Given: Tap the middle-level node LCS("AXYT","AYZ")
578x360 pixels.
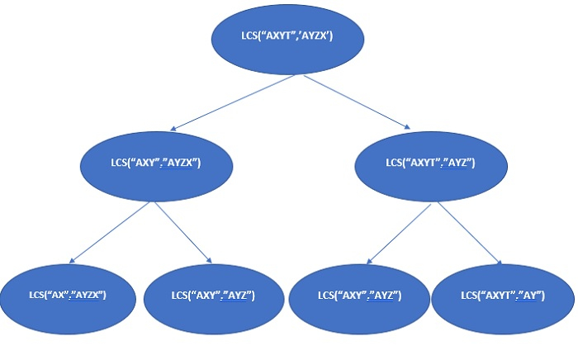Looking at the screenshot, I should click(429, 162).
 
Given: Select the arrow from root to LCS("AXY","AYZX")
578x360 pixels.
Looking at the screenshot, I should click(231, 103).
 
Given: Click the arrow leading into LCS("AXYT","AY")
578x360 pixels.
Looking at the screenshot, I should click(471, 234).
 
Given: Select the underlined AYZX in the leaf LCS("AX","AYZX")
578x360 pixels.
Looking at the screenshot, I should click(87, 295).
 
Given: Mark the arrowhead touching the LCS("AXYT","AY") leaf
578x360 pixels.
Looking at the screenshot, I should click(499, 263).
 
